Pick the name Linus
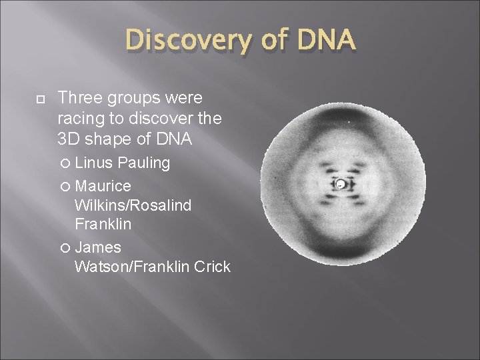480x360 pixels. tap(95, 163)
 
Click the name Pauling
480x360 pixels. tap(144, 163)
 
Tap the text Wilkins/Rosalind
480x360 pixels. tap(133, 205)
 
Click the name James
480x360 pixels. tap(98, 247)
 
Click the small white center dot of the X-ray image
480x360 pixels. tap(340, 184)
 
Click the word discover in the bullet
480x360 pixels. tap(159, 119)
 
